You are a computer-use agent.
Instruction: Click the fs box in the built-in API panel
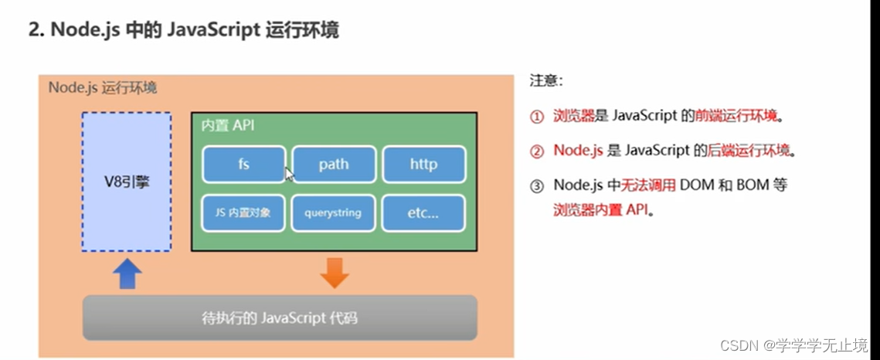[x=243, y=165]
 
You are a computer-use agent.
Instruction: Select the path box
[x=333, y=165]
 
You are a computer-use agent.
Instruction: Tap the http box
[x=423, y=165]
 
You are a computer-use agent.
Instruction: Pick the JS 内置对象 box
[x=243, y=212]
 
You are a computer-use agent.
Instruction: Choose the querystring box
[x=333, y=212]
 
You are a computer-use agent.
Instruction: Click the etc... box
[x=423, y=212]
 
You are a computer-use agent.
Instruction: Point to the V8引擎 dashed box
[x=127, y=182]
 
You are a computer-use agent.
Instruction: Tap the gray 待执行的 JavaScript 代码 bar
[x=280, y=318]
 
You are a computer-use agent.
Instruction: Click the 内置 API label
[x=227, y=126]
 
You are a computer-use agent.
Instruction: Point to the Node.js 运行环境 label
[x=103, y=87]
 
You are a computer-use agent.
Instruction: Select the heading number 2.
[x=34, y=31]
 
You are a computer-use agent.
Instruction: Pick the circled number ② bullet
[x=537, y=151]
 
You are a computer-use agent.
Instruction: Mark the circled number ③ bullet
[x=537, y=185]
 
